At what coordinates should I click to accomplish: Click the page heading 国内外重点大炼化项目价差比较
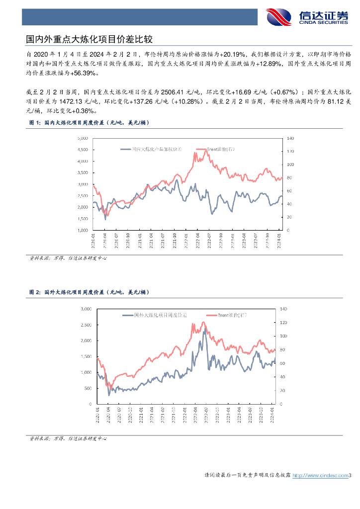89,39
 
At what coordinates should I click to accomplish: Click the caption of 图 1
88,122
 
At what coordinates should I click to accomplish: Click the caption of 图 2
88,293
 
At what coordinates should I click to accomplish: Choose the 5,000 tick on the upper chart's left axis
83,138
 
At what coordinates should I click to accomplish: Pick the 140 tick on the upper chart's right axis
290,138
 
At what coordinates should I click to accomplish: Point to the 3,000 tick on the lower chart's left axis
86,309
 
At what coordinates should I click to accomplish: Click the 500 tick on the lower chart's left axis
88,388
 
